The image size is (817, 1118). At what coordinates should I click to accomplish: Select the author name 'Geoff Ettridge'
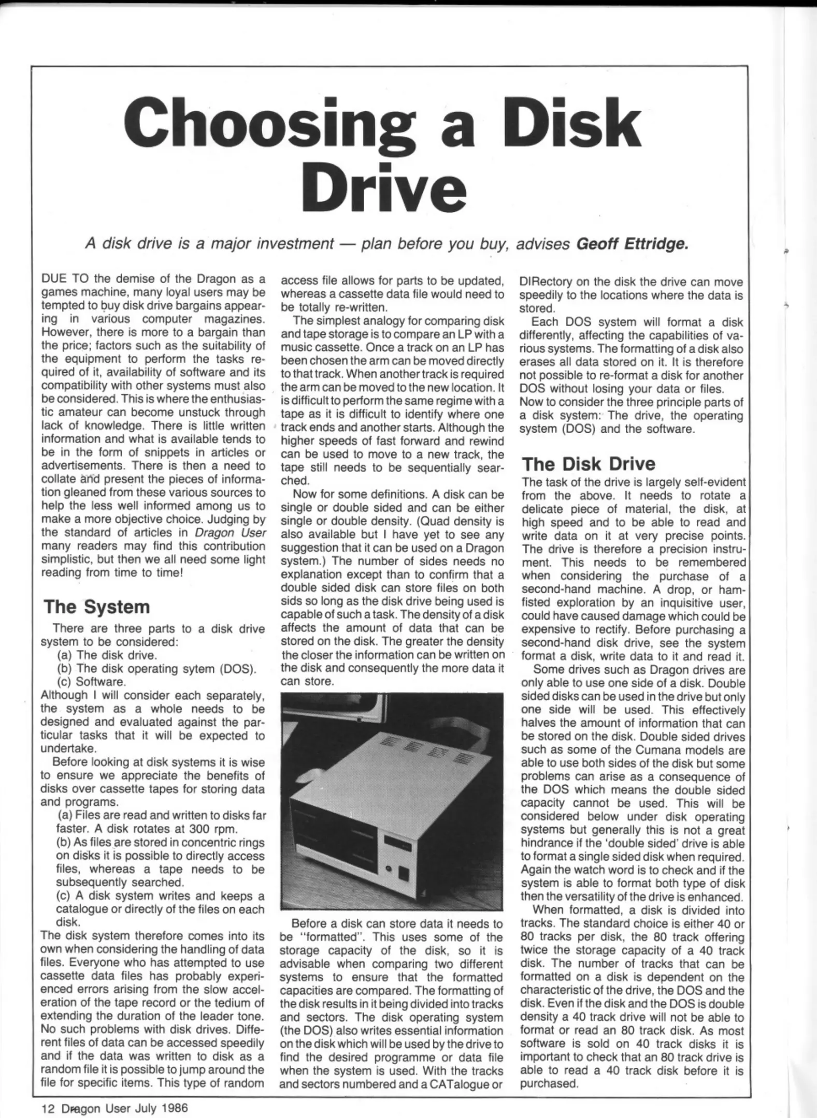tap(632, 243)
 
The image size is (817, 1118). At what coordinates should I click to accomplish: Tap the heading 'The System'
tap(96, 607)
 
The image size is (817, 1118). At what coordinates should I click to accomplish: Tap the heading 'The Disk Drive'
tap(588, 463)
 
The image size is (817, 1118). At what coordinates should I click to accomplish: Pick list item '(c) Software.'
tap(91, 682)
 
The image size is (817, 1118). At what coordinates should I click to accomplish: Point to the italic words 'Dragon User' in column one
tap(231, 533)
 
